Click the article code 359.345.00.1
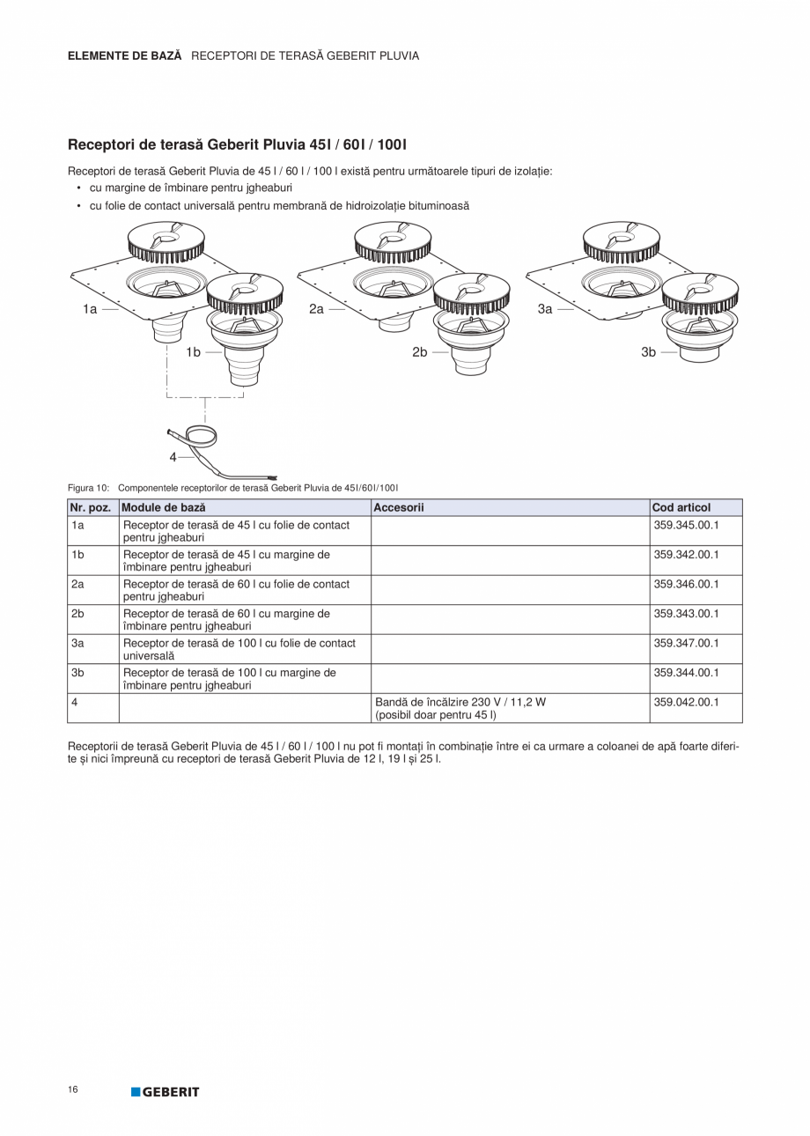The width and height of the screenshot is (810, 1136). (x=687, y=525)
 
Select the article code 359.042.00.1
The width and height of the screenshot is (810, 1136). (x=687, y=702)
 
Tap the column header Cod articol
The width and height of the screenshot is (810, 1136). (x=681, y=507)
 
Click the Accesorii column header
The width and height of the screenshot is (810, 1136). (x=399, y=507)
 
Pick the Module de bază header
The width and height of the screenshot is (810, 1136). (x=163, y=507)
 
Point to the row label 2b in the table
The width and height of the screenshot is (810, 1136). (x=78, y=614)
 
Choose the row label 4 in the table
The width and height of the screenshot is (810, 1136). (x=75, y=702)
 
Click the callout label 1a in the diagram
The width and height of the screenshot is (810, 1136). (x=90, y=309)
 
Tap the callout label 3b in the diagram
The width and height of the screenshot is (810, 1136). (x=649, y=352)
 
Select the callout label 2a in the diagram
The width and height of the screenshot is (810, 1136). (x=317, y=309)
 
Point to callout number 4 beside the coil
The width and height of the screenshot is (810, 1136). (x=173, y=457)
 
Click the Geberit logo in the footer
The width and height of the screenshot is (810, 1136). (x=166, y=1092)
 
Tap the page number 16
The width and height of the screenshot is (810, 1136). (x=72, y=1090)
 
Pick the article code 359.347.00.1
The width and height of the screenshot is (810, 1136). (x=687, y=643)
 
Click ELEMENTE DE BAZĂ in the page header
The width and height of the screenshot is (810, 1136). (x=125, y=55)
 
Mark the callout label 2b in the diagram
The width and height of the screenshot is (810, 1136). (x=420, y=352)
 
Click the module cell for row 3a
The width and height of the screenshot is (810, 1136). (x=239, y=649)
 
